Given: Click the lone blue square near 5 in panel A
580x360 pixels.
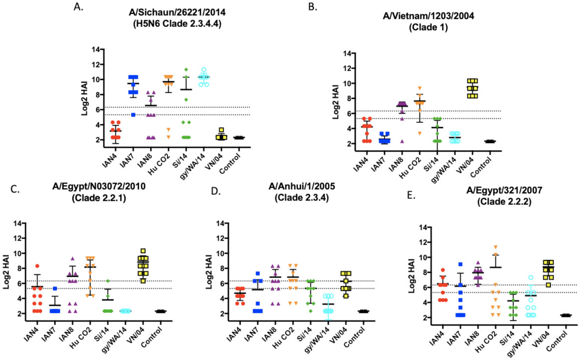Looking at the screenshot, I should pos(133,115).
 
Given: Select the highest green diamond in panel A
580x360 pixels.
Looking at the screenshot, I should pos(186,70).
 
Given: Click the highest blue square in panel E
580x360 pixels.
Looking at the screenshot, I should pos(447,264).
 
